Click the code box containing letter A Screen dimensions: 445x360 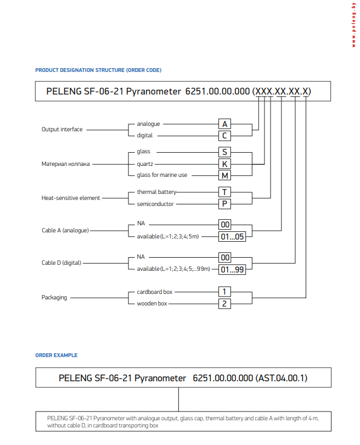point(224,124)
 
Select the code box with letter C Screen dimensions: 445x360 point(224,135)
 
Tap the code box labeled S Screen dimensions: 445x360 point(224,152)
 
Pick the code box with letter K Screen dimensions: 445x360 point(224,164)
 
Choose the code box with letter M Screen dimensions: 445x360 point(224,175)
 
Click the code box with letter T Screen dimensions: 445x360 point(224,192)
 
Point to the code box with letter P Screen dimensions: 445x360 point(224,204)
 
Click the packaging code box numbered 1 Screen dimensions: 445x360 point(224,292)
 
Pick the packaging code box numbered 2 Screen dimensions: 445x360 point(224,303)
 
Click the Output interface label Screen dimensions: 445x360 point(62,130)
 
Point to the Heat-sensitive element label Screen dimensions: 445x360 point(71,198)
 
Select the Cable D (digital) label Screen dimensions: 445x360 point(61,263)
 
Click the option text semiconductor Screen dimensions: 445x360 point(155,204)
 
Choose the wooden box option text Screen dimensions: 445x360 point(152,303)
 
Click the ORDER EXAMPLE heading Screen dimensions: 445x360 point(57,355)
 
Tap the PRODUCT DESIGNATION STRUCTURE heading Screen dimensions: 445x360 point(98,70)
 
